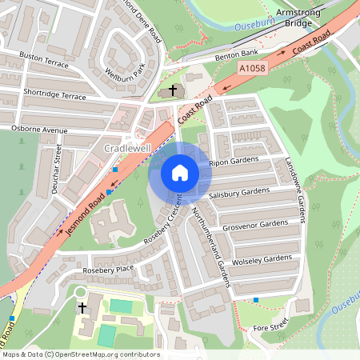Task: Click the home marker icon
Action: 180,172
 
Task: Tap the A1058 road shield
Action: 252,70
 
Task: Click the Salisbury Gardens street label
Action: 239,193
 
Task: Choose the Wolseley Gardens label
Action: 262,259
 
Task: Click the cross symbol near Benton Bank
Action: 174,90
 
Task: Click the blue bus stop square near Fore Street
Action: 256,300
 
